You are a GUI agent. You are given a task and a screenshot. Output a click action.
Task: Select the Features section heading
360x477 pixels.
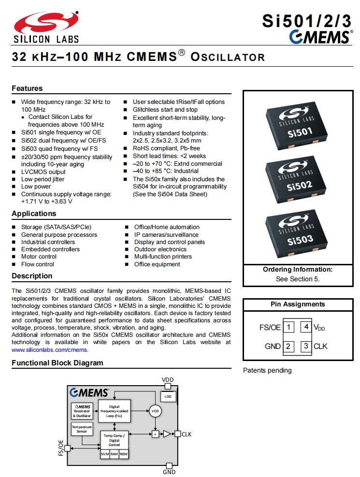27,88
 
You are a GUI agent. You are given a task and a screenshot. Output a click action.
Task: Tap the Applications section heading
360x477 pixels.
34,214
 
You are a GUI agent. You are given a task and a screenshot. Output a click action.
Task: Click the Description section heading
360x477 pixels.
32,276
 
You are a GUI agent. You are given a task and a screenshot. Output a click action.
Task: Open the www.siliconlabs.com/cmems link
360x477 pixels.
50,349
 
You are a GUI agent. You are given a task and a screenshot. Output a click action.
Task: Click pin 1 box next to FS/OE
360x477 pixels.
288,327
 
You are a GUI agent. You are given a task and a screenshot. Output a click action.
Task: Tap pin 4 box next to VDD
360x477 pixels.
306,327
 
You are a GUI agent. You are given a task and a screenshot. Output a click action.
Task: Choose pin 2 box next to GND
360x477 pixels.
288,346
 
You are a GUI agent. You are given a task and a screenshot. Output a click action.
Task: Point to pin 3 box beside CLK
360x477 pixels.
306,346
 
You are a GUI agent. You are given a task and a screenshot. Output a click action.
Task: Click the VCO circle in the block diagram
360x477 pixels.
155,411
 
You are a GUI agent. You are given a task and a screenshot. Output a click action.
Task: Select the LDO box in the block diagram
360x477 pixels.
168,396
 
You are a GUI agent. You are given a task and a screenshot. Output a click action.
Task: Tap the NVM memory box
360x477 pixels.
105,454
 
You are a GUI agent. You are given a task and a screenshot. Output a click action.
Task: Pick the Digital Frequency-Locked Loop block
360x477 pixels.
115,411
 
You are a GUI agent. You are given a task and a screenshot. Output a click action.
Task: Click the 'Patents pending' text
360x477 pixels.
267,371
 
